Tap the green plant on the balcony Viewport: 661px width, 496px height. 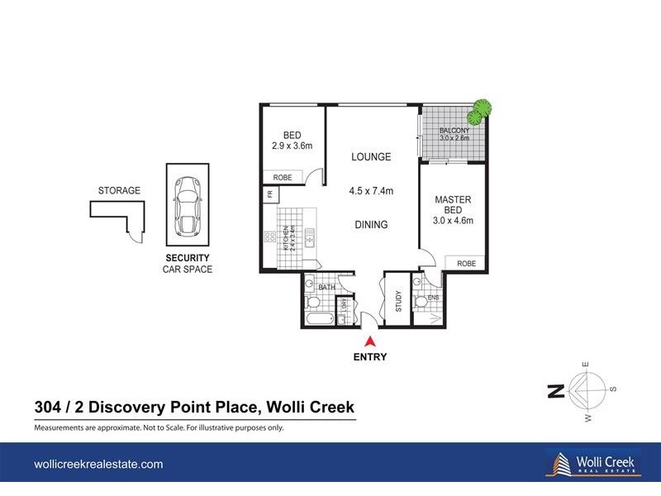pos(480,108)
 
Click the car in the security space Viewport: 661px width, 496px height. pos(188,205)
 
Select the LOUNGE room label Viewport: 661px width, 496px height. pos(370,157)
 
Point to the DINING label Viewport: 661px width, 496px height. pos(370,224)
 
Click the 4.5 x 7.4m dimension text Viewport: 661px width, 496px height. pos(370,191)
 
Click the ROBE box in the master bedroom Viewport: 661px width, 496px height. pos(467,263)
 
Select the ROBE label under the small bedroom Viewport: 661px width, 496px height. pos(282,177)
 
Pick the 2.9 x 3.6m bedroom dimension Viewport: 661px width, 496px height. pos(292,146)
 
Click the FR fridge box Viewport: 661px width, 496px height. pos(269,194)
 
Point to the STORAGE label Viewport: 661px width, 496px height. pos(119,190)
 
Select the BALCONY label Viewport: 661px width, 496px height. pos(454,131)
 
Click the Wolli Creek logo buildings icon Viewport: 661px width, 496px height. pos(558,463)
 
